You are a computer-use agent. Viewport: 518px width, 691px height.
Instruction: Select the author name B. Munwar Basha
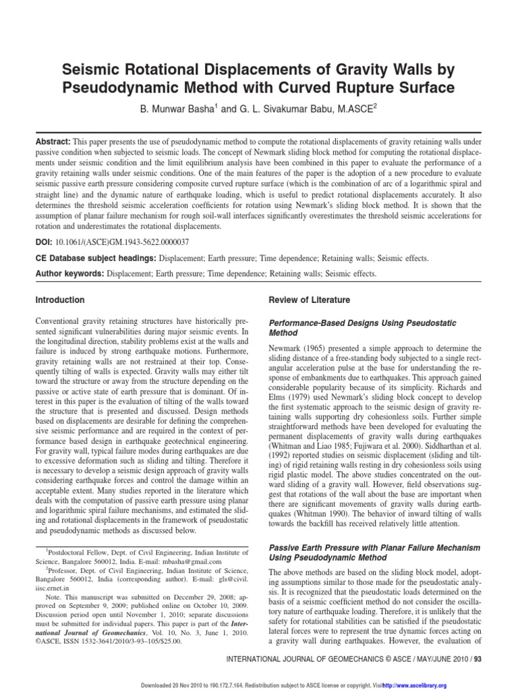180,110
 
